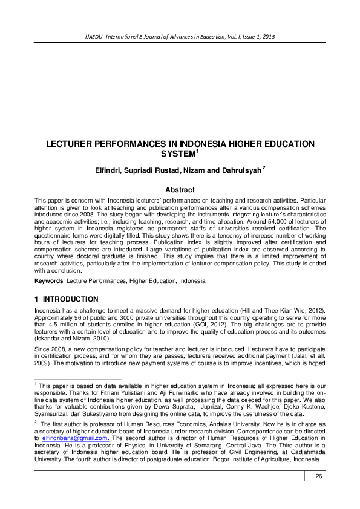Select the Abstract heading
(x=180, y=189)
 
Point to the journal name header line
(x=180, y=37)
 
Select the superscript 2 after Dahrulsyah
(x=264, y=168)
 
